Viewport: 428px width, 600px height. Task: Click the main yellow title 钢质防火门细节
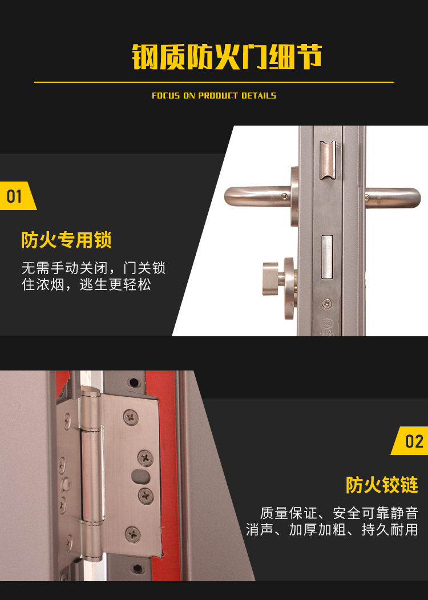pos(227,57)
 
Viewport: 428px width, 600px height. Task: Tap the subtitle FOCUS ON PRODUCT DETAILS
pos(214,96)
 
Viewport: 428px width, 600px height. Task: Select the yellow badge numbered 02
pos(410,441)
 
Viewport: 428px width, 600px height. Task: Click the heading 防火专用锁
pos(66,240)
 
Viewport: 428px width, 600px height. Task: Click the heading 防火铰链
pos(382,485)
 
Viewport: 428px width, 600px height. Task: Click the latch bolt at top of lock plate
pos(328,160)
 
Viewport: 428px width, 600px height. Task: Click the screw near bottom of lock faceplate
pos(326,304)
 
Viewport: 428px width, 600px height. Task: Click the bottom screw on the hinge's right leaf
pos(133,534)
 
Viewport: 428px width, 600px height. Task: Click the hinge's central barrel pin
pos(91,475)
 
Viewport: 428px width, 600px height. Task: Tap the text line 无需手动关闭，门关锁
pos(94,268)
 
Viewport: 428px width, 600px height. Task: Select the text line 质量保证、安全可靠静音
pos(339,513)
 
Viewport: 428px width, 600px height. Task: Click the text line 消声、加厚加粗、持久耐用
pos(332,530)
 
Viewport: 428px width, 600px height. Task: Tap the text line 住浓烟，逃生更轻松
pos(86,284)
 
